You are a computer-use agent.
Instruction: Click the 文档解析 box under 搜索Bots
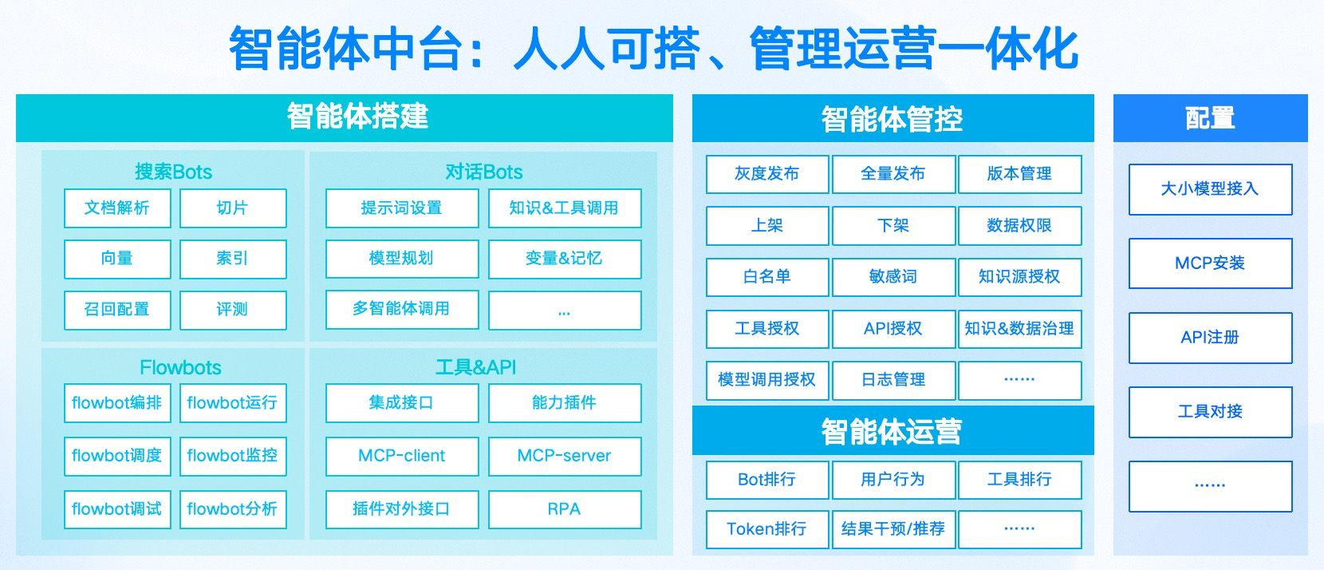pyautogui.click(x=117, y=208)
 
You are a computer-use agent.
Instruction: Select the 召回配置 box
pyautogui.click(x=117, y=310)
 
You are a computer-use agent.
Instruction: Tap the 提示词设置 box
pyautogui.click(x=402, y=208)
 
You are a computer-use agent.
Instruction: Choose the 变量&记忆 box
pyautogui.click(x=565, y=259)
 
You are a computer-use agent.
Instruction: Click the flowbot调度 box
pyautogui.click(x=117, y=456)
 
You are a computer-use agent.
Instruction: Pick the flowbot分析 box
pyautogui.click(x=233, y=509)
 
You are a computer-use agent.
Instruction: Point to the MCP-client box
pyautogui.click(x=402, y=456)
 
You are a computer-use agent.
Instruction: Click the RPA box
pyautogui.click(x=565, y=509)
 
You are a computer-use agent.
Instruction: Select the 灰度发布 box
pyautogui.click(x=767, y=174)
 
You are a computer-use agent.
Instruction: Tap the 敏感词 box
pyautogui.click(x=893, y=276)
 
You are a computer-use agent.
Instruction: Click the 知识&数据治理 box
pyautogui.click(x=1019, y=328)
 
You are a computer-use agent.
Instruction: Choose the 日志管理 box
pyautogui.click(x=893, y=380)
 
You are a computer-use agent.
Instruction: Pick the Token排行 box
pyautogui.click(x=767, y=529)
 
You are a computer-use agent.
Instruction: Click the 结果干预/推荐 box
pyautogui.click(x=893, y=529)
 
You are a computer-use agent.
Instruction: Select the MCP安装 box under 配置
pyautogui.click(x=1210, y=263)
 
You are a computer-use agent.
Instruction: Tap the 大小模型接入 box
pyautogui.click(x=1210, y=189)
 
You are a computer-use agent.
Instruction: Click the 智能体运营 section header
pyautogui.click(x=893, y=431)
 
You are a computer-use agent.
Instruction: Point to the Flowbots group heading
pyautogui.click(x=180, y=367)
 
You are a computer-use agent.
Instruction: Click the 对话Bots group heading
pyautogui.click(x=484, y=172)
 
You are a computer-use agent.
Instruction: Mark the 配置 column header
pyautogui.click(x=1211, y=118)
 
